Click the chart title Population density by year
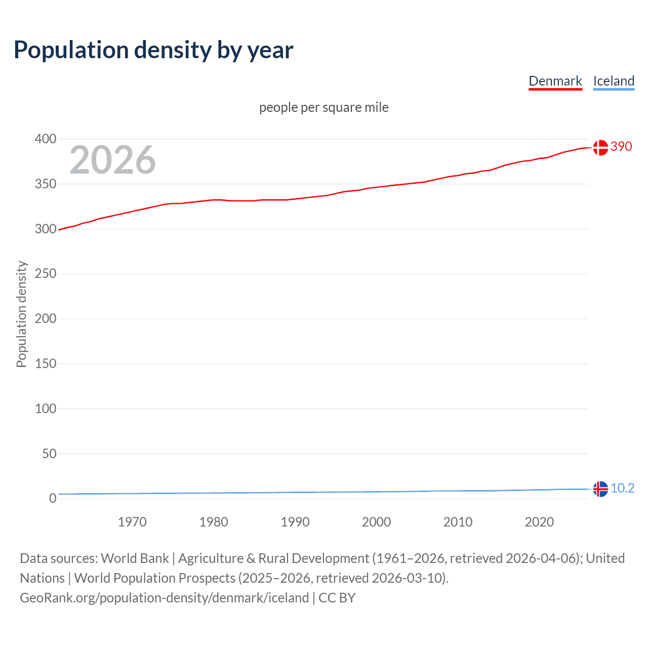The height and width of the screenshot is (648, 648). click(x=153, y=50)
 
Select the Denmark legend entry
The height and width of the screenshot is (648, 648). click(x=555, y=81)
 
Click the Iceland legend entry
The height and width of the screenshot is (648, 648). click(x=614, y=81)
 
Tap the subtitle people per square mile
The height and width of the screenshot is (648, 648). click(x=324, y=107)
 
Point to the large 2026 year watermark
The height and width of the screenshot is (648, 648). click(x=112, y=160)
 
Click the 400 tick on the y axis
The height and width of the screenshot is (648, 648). click(x=46, y=139)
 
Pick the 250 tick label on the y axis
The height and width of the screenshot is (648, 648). click(x=46, y=274)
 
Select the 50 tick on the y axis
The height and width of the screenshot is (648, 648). click(x=49, y=454)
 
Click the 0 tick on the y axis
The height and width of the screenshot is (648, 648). click(x=53, y=498)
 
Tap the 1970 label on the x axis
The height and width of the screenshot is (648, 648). click(x=132, y=522)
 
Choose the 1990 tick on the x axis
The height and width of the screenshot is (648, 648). click(x=295, y=522)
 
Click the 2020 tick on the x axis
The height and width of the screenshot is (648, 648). click(x=539, y=522)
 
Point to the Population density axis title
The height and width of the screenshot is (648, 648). click(x=21, y=314)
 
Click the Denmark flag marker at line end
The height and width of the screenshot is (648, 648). click(x=600, y=147)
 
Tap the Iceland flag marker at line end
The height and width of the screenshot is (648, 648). click(x=600, y=489)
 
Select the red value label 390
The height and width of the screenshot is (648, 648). click(x=621, y=146)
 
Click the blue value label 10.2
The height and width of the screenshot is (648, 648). click(x=622, y=488)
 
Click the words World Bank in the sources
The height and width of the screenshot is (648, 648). click(x=135, y=558)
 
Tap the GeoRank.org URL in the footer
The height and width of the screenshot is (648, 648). click(x=164, y=598)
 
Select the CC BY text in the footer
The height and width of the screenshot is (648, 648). click(x=337, y=598)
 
